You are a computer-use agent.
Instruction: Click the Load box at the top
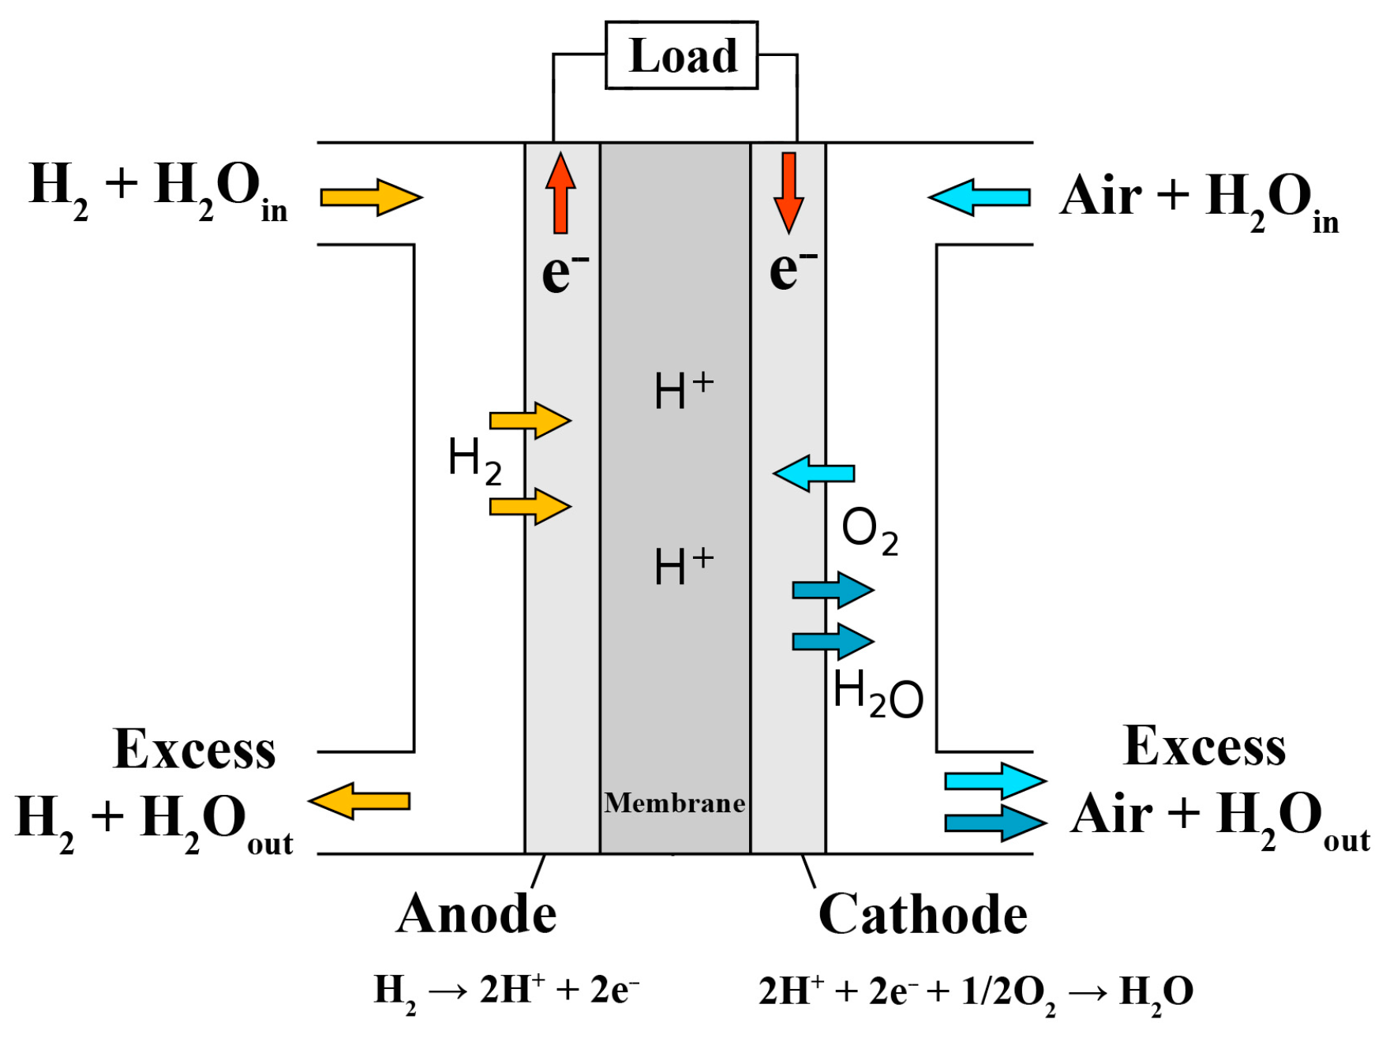click(x=681, y=55)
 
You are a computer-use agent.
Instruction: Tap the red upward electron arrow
click(x=560, y=193)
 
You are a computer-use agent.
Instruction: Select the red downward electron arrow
click(x=789, y=193)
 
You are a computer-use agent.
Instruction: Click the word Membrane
click(x=675, y=803)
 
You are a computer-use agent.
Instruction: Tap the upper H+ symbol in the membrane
click(x=684, y=390)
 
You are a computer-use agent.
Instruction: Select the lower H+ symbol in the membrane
click(x=684, y=566)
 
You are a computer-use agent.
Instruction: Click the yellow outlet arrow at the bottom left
click(x=359, y=801)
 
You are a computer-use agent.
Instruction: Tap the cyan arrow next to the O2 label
click(x=814, y=474)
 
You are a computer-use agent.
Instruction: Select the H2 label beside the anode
click(x=474, y=462)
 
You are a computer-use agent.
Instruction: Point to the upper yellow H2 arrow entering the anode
click(x=530, y=420)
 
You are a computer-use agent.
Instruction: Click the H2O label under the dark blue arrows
click(x=878, y=695)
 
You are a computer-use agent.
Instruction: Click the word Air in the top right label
click(x=1100, y=196)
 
